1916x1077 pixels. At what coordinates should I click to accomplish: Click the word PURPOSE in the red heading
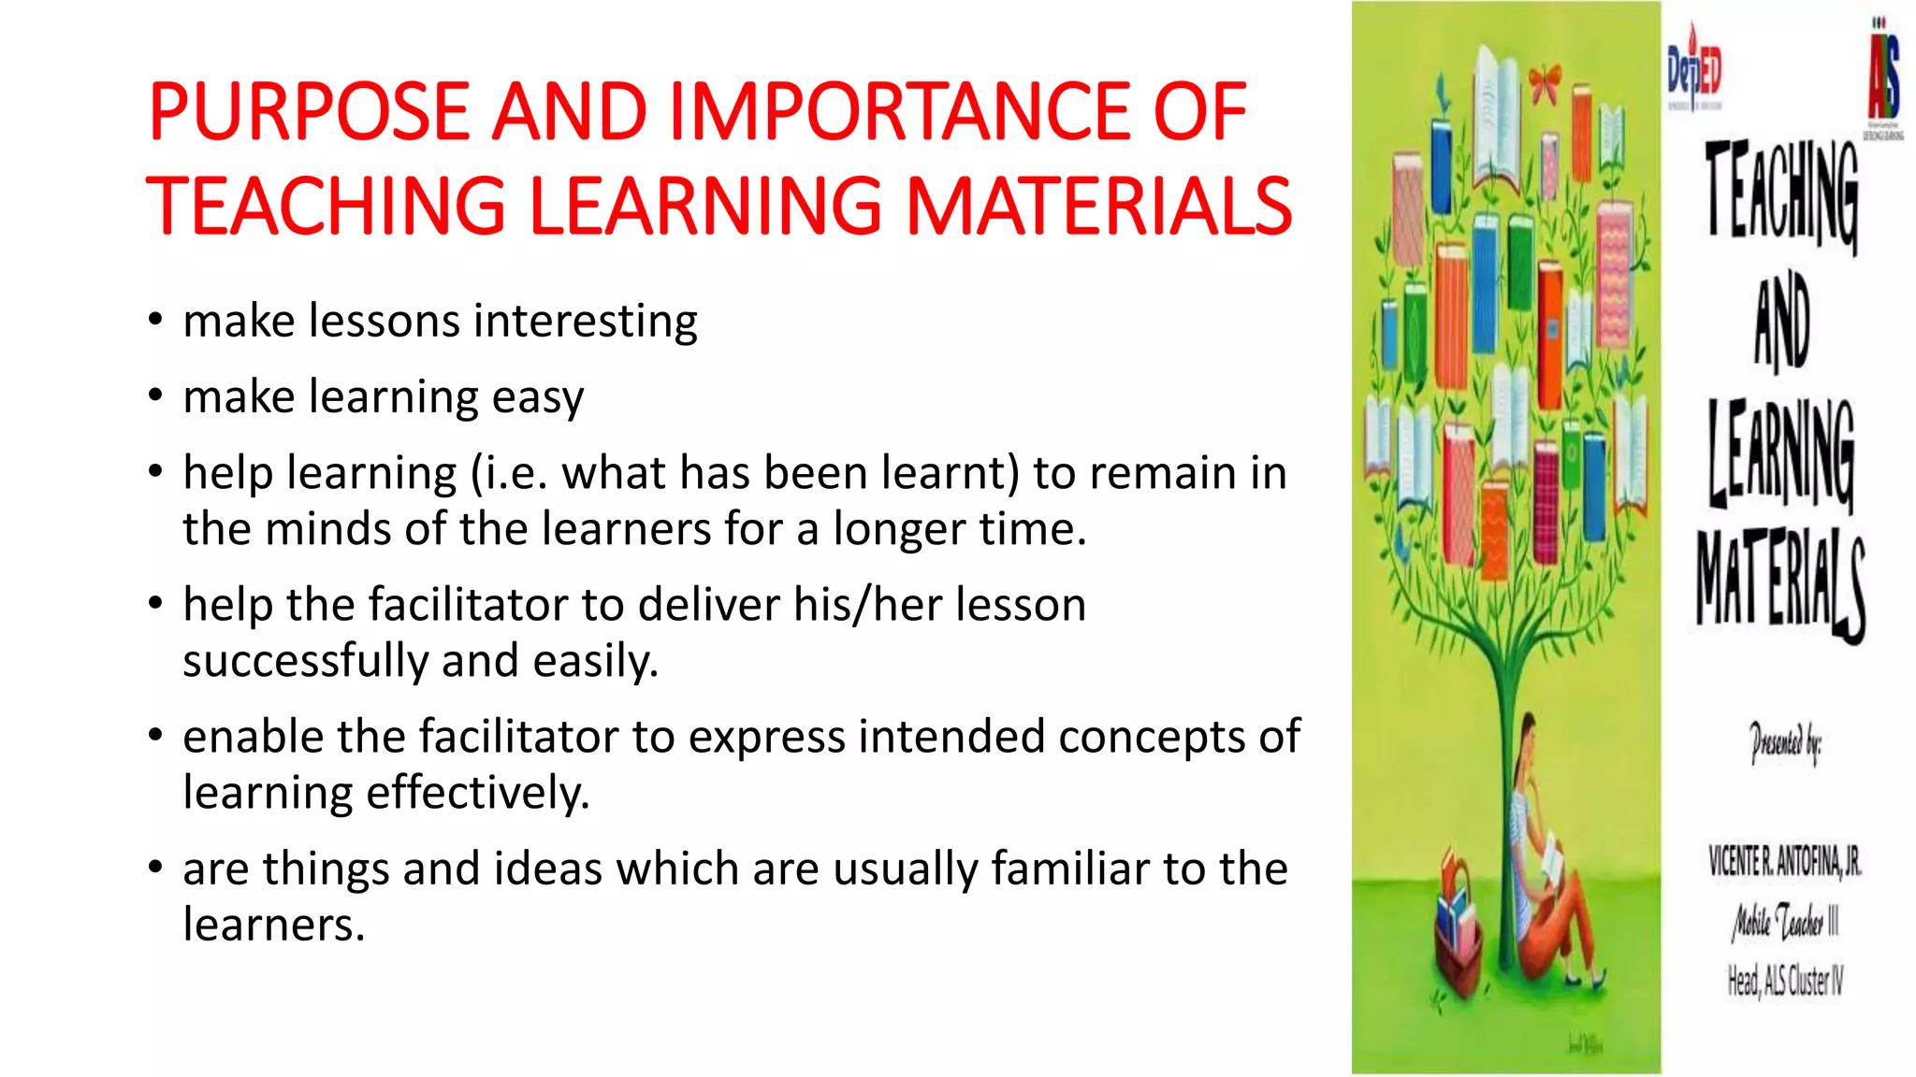(309, 112)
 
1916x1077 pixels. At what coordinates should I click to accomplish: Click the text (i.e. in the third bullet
(509, 473)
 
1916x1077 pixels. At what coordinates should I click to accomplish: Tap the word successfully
(305, 662)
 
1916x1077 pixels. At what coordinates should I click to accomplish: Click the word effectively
(478, 794)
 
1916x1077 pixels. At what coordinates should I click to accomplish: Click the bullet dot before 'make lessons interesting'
(156, 320)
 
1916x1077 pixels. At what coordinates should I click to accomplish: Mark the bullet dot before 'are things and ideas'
(156, 868)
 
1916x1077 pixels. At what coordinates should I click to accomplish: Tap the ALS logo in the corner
(1884, 75)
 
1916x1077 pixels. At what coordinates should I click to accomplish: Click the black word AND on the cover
(1782, 323)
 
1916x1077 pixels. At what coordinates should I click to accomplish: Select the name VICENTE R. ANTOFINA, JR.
(1785, 861)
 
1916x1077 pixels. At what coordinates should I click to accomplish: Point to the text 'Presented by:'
(1785, 743)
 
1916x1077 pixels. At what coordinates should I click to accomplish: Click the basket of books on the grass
(1458, 926)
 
